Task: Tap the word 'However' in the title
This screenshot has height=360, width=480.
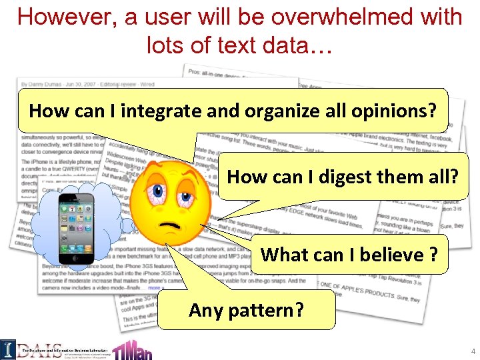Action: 59,17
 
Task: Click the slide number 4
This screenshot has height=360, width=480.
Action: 472,351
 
